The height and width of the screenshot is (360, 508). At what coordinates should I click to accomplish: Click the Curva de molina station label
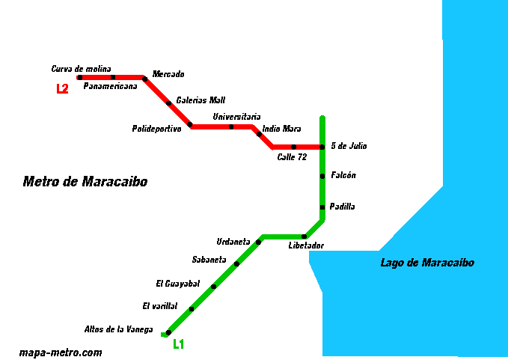point(81,69)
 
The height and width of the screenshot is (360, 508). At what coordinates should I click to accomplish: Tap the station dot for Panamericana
point(113,77)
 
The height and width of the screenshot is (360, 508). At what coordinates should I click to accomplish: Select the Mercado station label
point(168,74)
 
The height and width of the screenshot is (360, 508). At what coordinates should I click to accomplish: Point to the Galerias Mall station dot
point(168,103)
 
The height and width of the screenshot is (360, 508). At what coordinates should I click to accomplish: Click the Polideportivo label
point(156,129)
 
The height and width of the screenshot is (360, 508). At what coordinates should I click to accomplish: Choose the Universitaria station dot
point(231,126)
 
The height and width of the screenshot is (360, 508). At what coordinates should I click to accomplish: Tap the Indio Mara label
point(281,129)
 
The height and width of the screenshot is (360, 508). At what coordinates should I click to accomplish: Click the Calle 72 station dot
point(294,147)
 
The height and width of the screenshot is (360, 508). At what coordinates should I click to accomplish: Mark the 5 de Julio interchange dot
point(322,147)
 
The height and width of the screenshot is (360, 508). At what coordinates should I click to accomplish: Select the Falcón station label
point(343,175)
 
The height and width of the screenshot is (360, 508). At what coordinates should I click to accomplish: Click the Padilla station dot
point(322,207)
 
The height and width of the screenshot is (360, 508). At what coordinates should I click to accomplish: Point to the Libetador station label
point(306,245)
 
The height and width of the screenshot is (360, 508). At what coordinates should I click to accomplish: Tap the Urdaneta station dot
point(258,242)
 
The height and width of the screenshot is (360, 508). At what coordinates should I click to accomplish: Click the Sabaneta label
point(209,260)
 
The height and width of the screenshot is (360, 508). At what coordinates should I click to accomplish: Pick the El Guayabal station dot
point(213,287)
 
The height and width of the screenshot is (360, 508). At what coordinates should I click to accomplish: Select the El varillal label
point(160,306)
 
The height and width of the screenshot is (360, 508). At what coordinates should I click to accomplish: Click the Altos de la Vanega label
point(118,329)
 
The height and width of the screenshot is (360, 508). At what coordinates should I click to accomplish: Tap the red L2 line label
point(62,89)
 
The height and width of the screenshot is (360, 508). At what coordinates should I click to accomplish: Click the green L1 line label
point(178,345)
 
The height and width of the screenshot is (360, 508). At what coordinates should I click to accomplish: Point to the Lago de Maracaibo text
point(426,263)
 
